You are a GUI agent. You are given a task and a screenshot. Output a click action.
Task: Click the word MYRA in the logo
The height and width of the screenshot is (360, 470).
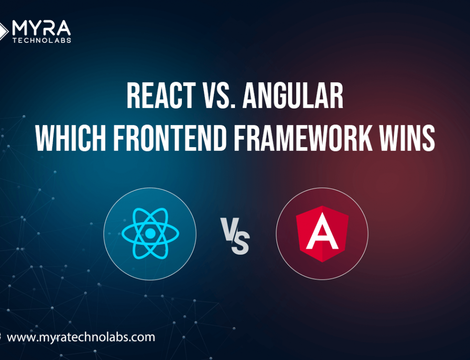[x=41, y=28]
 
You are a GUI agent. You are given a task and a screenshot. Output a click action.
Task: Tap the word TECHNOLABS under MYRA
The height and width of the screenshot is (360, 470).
[x=42, y=40]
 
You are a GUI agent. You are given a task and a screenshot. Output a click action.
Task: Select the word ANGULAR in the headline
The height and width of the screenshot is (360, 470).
[x=293, y=95]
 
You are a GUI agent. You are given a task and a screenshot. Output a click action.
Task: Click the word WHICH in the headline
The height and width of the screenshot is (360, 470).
[x=70, y=138]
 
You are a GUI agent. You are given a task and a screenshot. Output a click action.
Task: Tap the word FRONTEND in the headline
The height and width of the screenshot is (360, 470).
[x=169, y=138]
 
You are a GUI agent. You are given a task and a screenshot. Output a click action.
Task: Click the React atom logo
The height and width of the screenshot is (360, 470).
[x=150, y=234]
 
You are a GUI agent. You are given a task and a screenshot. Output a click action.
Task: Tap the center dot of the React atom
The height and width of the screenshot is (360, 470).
[x=150, y=234]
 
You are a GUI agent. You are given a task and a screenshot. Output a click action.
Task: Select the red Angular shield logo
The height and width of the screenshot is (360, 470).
[x=322, y=234]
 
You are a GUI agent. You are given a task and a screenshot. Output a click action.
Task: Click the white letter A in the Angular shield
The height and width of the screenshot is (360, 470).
[x=322, y=231]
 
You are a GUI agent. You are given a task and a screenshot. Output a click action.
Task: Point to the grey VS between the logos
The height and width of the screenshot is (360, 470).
[x=235, y=236]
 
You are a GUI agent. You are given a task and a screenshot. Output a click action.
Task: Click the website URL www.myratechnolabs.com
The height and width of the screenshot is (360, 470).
[x=81, y=337]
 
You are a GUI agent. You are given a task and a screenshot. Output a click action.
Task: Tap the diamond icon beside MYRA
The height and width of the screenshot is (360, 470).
[x=3, y=31]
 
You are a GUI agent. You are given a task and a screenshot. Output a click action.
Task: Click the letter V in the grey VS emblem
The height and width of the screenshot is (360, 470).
[x=229, y=229]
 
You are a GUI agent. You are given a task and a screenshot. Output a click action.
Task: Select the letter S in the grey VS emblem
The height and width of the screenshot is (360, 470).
[x=240, y=244]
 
